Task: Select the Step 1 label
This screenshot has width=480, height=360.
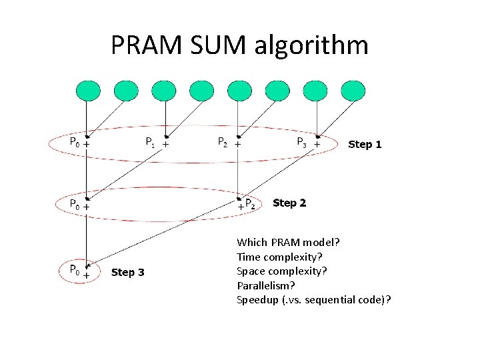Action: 365,144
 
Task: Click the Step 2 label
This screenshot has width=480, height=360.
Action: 289,203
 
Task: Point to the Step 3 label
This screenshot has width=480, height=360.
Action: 127,272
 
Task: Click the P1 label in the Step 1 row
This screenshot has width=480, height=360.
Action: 151,141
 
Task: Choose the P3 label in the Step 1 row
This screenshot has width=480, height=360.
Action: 302,141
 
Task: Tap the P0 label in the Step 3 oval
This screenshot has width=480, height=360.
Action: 75,270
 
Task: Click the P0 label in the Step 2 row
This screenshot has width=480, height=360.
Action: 75,203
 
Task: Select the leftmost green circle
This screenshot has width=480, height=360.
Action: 88,91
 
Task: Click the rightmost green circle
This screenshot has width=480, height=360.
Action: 353,91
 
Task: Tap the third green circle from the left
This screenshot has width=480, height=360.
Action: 164,91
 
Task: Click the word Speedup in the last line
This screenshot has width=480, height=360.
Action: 256,299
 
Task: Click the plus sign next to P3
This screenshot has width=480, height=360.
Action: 317,143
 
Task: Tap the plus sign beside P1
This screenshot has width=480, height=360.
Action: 165,143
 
